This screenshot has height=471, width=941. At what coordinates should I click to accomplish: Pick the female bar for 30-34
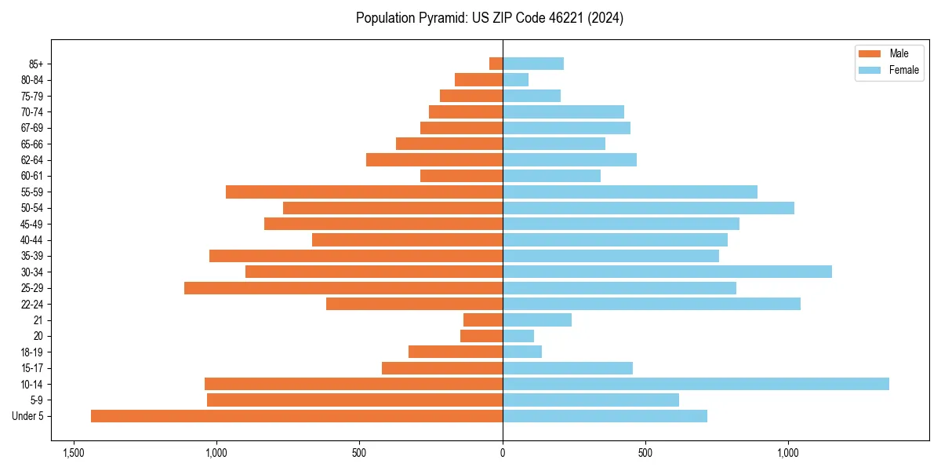click(x=667, y=272)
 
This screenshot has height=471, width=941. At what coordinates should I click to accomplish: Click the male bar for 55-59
click(x=364, y=192)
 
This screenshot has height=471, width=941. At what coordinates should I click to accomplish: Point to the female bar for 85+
click(x=533, y=64)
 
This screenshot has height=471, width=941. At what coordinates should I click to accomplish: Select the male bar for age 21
click(x=483, y=319)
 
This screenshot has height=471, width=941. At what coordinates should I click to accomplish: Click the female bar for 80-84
click(x=515, y=79)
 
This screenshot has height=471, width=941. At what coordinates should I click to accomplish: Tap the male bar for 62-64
click(x=434, y=159)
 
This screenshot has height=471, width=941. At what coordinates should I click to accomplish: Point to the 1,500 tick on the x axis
click(x=73, y=454)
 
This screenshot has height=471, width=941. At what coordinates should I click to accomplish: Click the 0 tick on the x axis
click(x=503, y=454)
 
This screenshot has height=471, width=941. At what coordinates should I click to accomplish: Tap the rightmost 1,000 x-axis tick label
click(x=788, y=454)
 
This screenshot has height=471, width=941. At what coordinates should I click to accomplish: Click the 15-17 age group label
click(x=32, y=368)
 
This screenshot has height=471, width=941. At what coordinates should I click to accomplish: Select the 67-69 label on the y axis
click(x=32, y=128)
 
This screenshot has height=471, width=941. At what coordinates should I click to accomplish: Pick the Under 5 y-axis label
click(x=28, y=416)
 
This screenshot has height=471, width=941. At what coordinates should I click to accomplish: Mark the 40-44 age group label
click(x=32, y=240)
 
